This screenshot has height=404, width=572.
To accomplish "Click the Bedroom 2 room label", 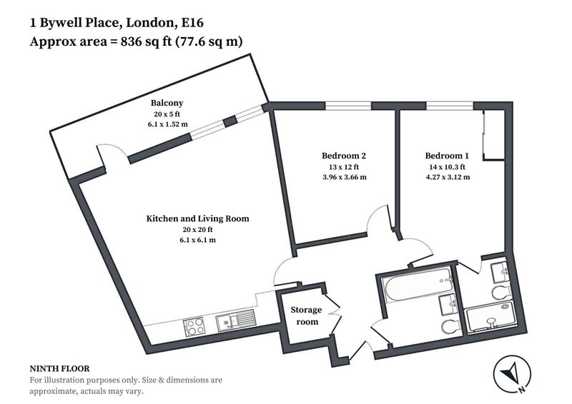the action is [344, 156].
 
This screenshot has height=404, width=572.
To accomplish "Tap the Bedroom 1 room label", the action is [447, 156].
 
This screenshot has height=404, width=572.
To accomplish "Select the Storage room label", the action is [307, 315].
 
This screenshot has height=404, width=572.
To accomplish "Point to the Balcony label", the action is [167, 103].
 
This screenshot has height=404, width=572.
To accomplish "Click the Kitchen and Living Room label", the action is [198, 218].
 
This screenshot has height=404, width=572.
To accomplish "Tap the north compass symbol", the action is [512, 374].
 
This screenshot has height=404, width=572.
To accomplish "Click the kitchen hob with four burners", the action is [194, 327].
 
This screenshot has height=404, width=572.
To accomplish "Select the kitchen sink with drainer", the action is [235, 320].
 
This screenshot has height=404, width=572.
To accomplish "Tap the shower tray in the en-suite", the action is [492, 317].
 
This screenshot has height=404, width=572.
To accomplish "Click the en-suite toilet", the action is [502, 292].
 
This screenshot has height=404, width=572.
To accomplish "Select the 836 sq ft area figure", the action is [146, 42].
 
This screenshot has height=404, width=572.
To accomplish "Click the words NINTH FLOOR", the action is [59, 368].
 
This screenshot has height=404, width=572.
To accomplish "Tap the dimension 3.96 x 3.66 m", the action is [345, 178].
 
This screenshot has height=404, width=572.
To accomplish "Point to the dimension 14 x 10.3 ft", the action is [448, 167].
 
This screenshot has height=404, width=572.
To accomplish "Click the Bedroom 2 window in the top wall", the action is [348, 106].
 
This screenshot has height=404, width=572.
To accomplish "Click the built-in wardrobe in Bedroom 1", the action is [494, 135].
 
